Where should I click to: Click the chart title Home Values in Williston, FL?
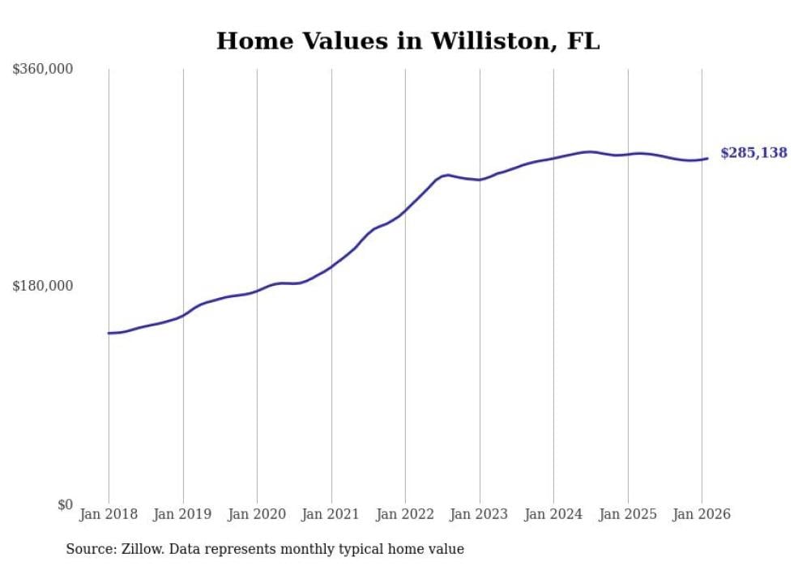click(x=408, y=41)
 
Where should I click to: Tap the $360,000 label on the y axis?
click(x=43, y=70)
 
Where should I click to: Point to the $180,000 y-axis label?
click(x=43, y=287)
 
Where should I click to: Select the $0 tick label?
click(x=65, y=505)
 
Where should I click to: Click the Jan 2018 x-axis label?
click(x=109, y=514)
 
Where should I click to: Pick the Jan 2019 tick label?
click(x=183, y=514)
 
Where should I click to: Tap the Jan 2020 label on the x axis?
click(x=257, y=514)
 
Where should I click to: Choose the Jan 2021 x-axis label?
click(x=331, y=514)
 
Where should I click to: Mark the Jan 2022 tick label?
click(x=405, y=514)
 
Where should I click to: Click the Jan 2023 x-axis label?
click(x=480, y=514)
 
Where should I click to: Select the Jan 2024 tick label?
click(x=553, y=514)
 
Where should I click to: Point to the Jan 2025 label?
click(x=628, y=514)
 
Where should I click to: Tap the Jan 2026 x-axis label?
click(x=702, y=514)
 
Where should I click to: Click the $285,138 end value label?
click(x=753, y=153)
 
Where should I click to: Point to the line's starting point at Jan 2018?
click(x=109, y=333)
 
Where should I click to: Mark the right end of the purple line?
click(x=707, y=158)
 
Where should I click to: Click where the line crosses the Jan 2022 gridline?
click(x=405, y=209)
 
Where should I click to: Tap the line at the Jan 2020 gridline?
click(x=257, y=290)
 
